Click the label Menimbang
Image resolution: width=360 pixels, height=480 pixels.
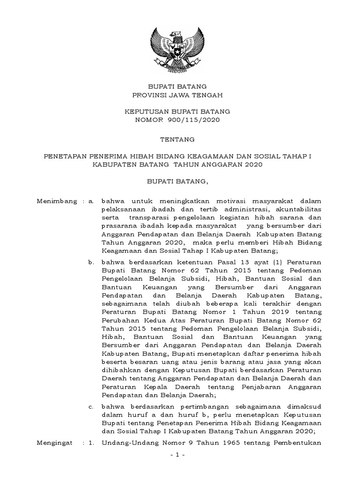[x=57, y=201]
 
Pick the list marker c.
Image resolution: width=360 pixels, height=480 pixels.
[x=92, y=405]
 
